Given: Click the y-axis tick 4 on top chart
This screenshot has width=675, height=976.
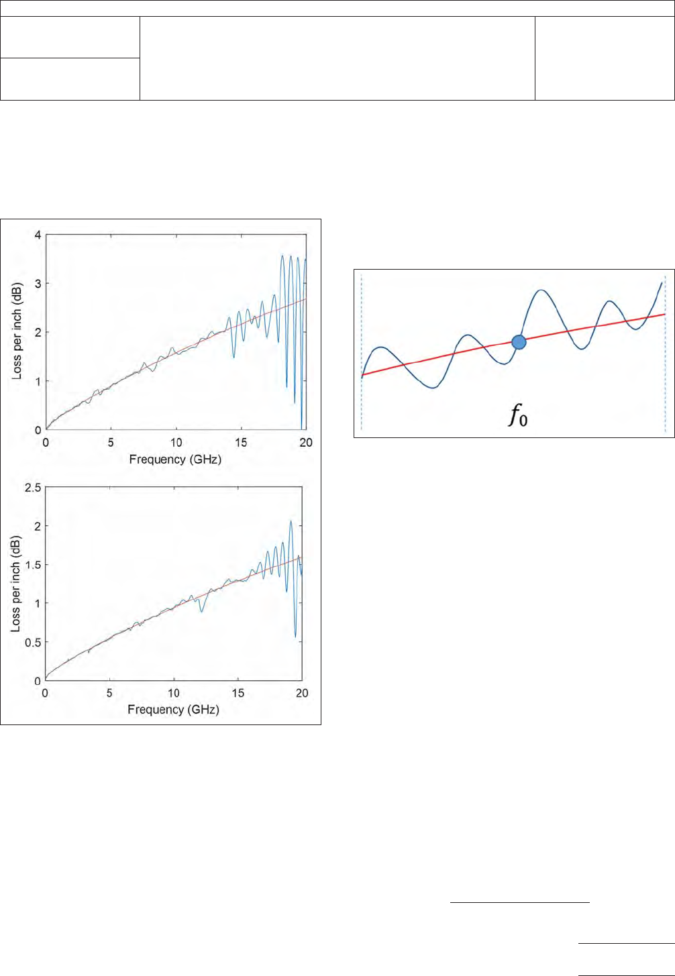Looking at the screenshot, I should pyautogui.click(x=38, y=235).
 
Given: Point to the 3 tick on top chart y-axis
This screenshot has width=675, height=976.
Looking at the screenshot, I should pyautogui.click(x=38, y=284).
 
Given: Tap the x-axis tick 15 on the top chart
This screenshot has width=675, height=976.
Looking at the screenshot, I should pyautogui.click(x=241, y=443).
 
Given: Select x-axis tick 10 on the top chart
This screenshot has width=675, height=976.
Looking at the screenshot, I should pyautogui.click(x=176, y=443).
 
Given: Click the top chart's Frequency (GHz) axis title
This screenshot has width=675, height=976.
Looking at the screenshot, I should pyautogui.click(x=175, y=459).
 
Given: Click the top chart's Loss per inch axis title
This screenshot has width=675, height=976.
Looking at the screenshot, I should pyautogui.click(x=17, y=331).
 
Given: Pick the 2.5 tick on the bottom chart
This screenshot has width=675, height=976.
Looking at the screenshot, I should pyautogui.click(x=34, y=487).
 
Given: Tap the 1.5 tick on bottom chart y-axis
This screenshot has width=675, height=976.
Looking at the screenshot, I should pyautogui.click(x=34, y=565).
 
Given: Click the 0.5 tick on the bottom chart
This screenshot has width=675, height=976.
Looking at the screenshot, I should pyautogui.click(x=34, y=642).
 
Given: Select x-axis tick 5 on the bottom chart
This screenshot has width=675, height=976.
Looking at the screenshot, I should pyautogui.click(x=109, y=693).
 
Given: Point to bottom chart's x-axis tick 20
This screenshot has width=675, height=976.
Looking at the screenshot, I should pyautogui.click(x=302, y=693).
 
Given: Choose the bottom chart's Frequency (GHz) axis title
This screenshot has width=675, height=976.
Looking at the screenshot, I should pyautogui.click(x=173, y=709).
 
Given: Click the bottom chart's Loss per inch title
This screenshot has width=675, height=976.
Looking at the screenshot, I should pyautogui.click(x=16, y=582).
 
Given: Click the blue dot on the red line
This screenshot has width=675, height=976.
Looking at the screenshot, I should pyautogui.click(x=519, y=342).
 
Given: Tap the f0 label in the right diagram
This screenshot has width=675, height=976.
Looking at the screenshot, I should pyautogui.click(x=518, y=416).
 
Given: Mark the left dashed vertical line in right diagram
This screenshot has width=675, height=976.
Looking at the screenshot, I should pyautogui.click(x=362, y=352).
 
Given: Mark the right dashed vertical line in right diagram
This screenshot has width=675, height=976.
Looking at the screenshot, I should pyautogui.click(x=665, y=352).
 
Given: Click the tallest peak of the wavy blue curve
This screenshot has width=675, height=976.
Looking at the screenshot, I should pyautogui.click(x=541, y=290).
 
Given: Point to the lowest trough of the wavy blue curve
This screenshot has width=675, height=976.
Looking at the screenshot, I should pyautogui.click(x=433, y=388).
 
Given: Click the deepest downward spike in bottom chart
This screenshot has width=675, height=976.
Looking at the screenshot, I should pyautogui.click(x=295, y=637).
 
